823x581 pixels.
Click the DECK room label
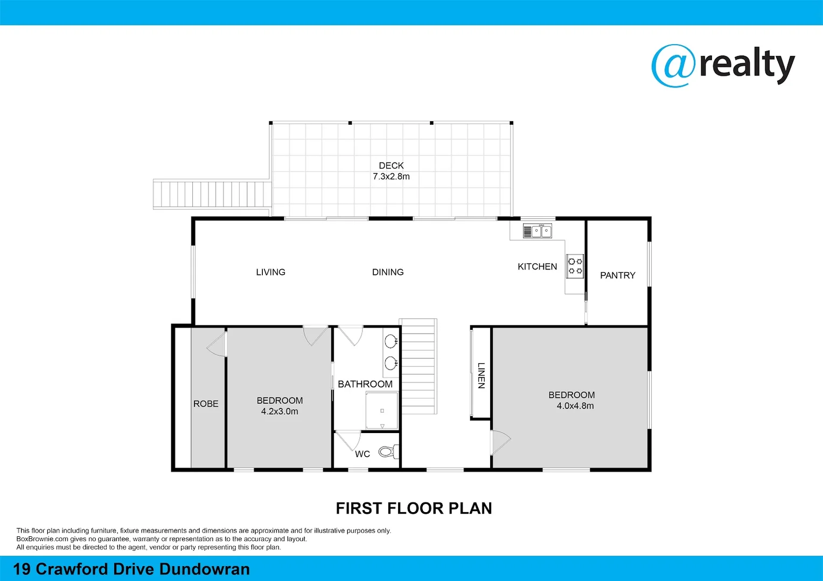pos(391,166)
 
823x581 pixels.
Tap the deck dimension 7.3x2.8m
pos(391,176)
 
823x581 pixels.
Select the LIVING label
pos(270,272)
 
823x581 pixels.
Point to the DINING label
pos(388,272)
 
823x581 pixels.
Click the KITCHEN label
pos(537,267)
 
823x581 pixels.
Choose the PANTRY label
pos(617,275)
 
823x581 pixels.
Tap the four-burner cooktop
pos(575,266)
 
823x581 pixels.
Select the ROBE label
pos(206,404)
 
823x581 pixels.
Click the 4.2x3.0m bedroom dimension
pos(280,412)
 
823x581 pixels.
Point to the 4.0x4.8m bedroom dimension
pos(575,406)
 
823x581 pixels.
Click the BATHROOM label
pos(365,384)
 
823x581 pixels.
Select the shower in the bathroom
pos(382,411)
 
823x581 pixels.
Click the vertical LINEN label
pos(481,375)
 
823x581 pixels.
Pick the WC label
pos(362,454)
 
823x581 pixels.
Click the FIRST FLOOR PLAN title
pos(414,508)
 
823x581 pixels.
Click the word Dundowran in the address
pos(205,569)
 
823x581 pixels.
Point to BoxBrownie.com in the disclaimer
pos(43,539)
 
